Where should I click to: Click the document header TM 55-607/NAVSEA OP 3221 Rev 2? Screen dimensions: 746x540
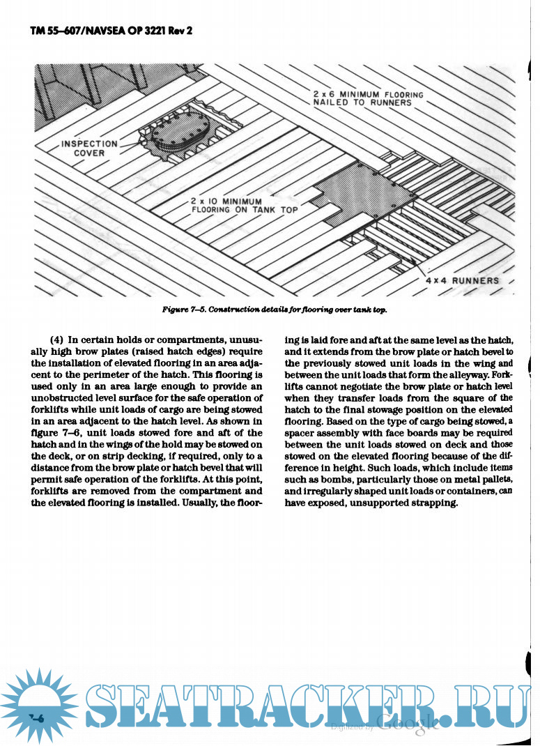[110, 32]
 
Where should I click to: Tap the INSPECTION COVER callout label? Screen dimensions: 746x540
[90, 149]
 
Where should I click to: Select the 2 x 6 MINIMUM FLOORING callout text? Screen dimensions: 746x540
[368, 98]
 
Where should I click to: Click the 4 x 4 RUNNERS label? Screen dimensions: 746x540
[462, 280]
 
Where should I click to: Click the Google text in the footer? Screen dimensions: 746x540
[408, 723]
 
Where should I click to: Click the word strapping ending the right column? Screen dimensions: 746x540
[433, 503]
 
